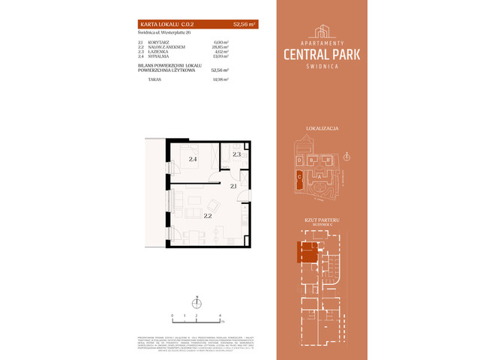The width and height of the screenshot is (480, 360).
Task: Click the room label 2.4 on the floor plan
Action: (193, 159)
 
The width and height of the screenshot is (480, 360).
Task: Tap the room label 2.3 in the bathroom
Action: (236, 154)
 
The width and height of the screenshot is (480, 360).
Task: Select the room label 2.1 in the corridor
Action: (234, 186)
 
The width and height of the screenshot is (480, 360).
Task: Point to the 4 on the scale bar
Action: (220, 316)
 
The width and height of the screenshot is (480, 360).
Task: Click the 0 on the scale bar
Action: (172, 316)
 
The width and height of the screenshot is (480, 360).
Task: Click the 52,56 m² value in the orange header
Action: (244, 25)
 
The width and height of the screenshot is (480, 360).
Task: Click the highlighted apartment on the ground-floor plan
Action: (308, 253)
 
